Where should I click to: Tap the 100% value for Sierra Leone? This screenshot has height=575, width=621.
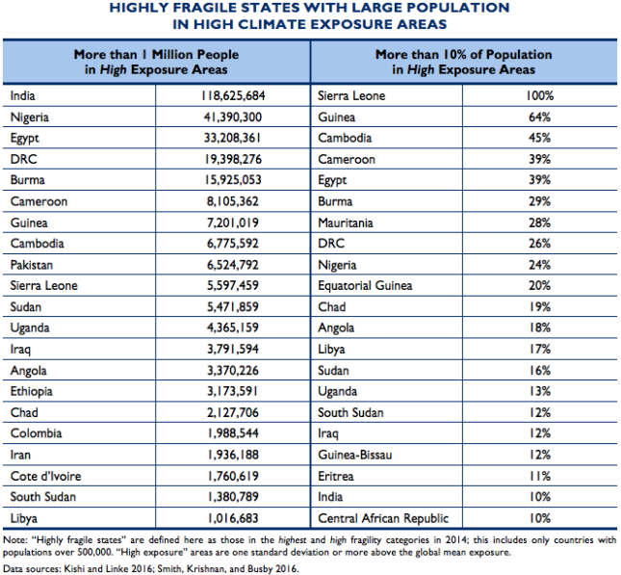click(538, 96)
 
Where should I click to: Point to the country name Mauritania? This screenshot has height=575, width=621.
click(349, 222)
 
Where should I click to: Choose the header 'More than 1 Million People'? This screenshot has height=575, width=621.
click(156, 55)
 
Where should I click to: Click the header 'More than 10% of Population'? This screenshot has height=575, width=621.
click(463, 55)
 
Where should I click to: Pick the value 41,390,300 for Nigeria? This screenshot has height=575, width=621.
click(233, 118)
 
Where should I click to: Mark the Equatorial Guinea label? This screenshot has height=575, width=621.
click(365, 286)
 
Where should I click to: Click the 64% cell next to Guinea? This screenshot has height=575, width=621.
click(538, 118)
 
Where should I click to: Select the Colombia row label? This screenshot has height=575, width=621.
click(36, 433)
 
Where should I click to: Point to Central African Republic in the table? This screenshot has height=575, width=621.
click(383, 518)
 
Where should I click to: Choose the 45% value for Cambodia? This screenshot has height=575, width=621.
click(538, 139)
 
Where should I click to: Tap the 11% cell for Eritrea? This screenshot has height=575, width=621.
click(538, 476)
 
